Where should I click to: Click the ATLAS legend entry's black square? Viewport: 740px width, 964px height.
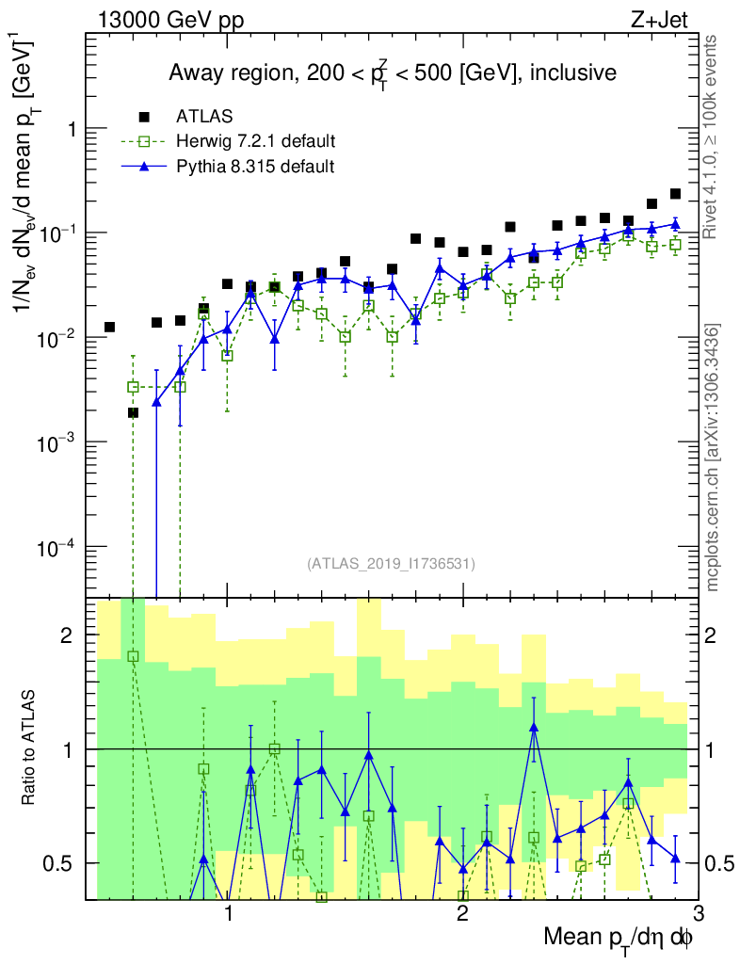point(144,117)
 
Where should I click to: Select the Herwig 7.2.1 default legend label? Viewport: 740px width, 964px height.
point(256,141)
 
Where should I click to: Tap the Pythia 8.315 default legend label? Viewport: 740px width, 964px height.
point(255,167)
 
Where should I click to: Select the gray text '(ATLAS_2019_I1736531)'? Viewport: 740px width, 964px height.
point(391,564)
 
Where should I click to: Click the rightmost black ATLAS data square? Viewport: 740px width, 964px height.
point(675,194)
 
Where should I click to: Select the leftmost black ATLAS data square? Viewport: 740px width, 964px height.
point(109,327)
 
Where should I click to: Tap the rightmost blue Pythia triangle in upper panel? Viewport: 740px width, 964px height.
point(675,224)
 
